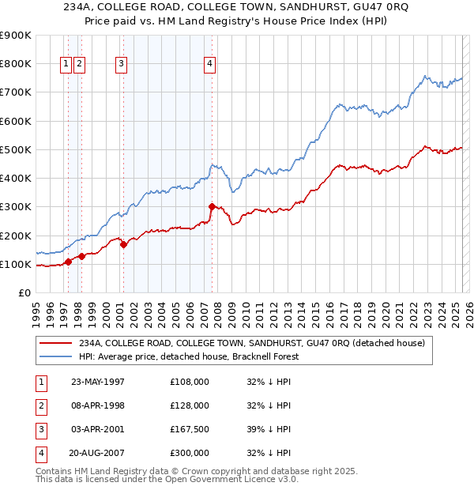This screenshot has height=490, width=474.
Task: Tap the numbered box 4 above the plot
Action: point(209,65)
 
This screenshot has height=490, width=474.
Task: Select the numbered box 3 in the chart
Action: point(121,65)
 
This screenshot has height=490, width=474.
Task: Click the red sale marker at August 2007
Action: point(212,207)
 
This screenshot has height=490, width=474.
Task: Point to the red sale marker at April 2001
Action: point(123,245)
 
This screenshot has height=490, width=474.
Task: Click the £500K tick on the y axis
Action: point(17,149)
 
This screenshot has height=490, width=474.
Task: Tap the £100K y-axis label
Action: point(17,264)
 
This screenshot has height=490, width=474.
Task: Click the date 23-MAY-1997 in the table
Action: point(98,382)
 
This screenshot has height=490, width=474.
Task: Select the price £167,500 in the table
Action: point(189,429)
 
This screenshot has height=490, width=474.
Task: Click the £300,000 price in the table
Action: point(189,453)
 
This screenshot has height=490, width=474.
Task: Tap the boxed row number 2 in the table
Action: point(39,405)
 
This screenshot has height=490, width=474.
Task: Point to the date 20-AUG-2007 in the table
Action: point(98,453)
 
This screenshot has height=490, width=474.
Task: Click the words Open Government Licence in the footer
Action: point(224,479)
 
